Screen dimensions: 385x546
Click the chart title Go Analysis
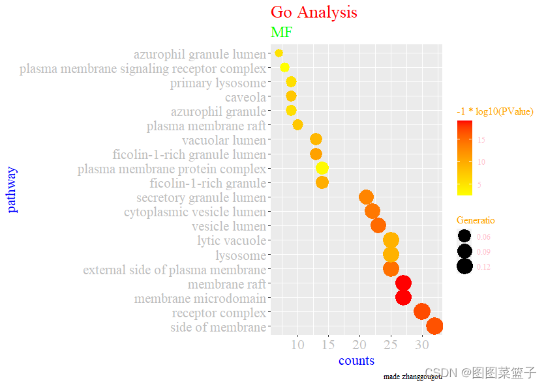314,12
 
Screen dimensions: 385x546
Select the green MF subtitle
281,33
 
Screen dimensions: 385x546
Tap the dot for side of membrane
434,326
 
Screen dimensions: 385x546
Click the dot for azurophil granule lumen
279,53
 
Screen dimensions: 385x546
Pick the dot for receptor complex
422,311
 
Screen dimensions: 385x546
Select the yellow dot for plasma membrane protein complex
322,168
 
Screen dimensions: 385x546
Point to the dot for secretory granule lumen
366,197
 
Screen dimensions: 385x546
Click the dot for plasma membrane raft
297,124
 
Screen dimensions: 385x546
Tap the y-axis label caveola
245,98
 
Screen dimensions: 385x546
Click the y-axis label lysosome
241,255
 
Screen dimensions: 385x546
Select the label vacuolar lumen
224,140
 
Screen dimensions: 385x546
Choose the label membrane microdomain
200,299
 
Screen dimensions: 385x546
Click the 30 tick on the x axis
422,344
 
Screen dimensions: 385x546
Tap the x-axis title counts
356,360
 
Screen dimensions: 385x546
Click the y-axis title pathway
12,190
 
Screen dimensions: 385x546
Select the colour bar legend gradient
464,158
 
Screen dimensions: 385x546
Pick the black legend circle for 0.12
464,266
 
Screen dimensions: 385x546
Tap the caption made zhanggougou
412,377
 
